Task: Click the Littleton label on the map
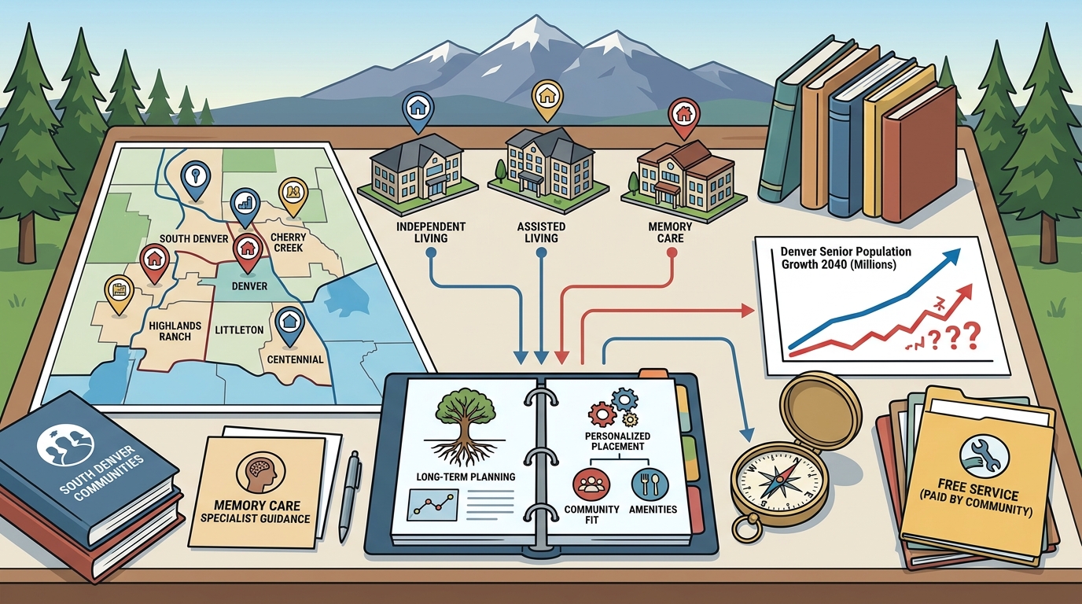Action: pyautogui.click(x=239, y=330)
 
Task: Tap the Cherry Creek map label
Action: pyautogui.click(x=288, y=242)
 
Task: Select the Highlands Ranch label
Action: pyautogui.click(x=175, y=331)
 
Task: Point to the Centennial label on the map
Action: pyautogui.click(x=295, y=359)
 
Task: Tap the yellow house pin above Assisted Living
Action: pyautogui.click(x=547, y=101)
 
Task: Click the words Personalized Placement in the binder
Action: pyautogui.click(x=617, y=440)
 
